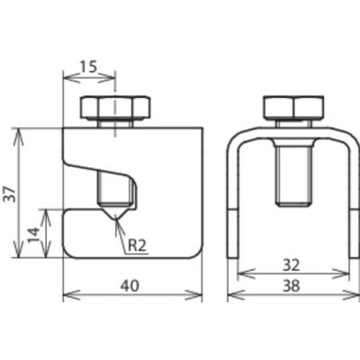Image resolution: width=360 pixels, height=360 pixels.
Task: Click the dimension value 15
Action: click(x=89, y=67)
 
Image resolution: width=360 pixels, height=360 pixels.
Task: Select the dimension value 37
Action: click(x=11, y=194)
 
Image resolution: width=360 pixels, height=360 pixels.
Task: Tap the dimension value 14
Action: click(x=33, y=236)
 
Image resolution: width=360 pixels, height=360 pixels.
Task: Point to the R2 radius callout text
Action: click(x=137, y=247)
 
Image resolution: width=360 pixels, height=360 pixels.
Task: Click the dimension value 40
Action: click(x=130, y=286)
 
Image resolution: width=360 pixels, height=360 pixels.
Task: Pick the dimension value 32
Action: click(x=291, y=265)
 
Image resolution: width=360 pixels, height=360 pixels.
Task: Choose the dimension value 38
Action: click(x=291, y=286)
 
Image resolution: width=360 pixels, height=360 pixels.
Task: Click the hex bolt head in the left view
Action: click(x=115, y=107)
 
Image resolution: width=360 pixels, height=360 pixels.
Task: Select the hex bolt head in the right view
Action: click(x=293, y=107)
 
